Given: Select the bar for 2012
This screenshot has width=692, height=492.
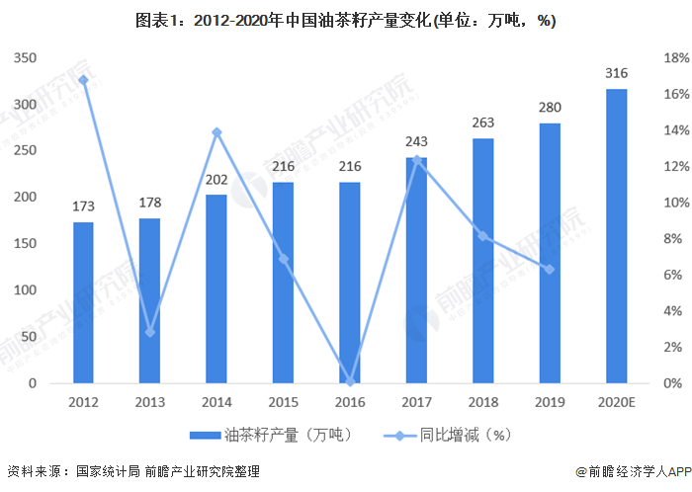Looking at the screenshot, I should (83, 302).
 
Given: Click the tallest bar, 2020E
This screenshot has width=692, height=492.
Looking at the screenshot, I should (616, 236).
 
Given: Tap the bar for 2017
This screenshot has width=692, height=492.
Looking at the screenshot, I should (416, 270).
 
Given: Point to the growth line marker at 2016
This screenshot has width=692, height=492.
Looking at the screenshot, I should (350, 381).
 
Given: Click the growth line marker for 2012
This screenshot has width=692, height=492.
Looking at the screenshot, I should (83, 80).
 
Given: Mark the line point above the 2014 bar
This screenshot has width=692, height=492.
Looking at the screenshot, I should (216, 132).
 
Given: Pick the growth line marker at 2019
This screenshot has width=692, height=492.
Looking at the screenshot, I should (550, 269).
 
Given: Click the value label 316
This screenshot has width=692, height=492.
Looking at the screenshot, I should (616, 73).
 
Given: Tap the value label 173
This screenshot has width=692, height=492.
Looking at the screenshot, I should (83, 206).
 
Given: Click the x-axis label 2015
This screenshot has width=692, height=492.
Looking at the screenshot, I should (284, 402).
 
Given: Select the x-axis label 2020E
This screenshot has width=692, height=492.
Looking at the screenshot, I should (616, 402).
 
